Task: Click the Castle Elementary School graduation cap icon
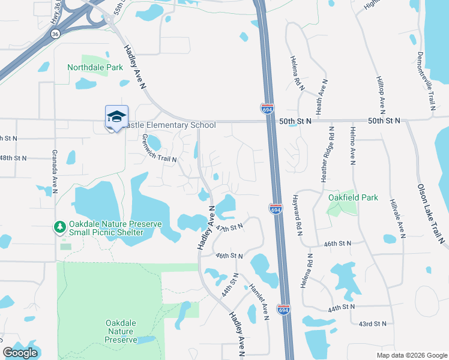pyautogui.click(x=116, y=116)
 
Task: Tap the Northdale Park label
pyautogui.click(x=95, y=67)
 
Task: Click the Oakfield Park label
pyautogui.click(x=353, y=197)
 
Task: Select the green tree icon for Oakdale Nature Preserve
pyautogui.click(x=59, y=227)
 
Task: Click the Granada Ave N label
pyautogui.click(x=54, y=171)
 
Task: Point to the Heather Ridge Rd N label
pyautogui.click(x=331, y=155)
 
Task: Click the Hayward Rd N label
pyautogui.click(x=295, y=214)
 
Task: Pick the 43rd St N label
pyautogui.click(x=372, y=323)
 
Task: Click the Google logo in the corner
pyautogui.click(x=20, y=352)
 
